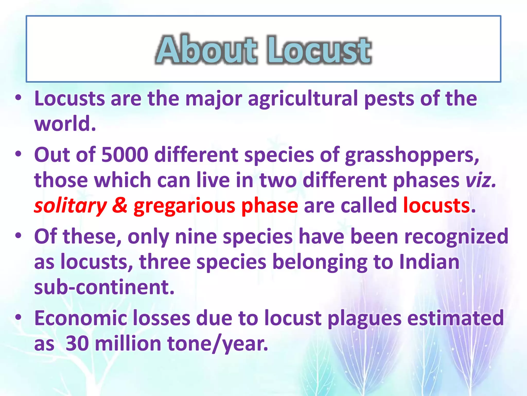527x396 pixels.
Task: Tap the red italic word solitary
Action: tap(70, 206)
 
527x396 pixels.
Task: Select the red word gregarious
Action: tap(185, 206)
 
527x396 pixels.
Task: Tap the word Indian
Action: tap(429, 262)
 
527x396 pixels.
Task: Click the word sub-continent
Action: tap(104, 287)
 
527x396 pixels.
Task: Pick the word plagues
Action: tap(364, 319)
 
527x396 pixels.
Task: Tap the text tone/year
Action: tap(218, 344)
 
